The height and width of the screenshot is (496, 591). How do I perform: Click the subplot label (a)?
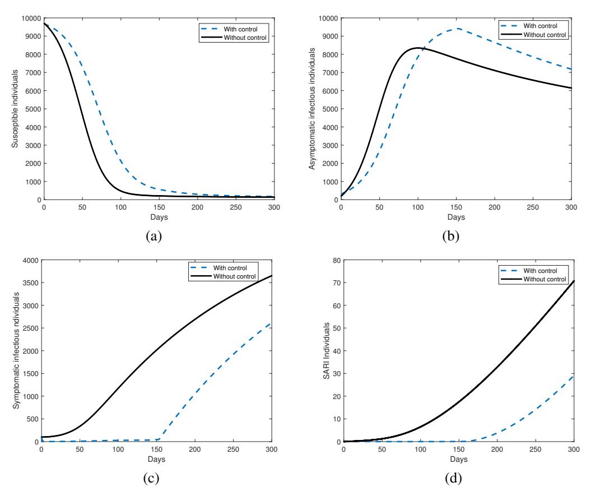click(x=154, y=237)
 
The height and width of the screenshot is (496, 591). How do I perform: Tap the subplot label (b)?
click(x=451, y=237)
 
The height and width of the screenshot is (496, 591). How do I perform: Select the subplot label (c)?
click(x=151, y=479)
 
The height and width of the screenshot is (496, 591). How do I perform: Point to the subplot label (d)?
click(x=453, y=479)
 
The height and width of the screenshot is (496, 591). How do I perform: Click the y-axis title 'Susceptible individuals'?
click(x=15, y=109)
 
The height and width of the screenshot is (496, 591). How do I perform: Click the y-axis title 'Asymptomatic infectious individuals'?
click(x=312, y=109)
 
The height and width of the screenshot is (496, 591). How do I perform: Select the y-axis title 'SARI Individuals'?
click(x=327, y=351)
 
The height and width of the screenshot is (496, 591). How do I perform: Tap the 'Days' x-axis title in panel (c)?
click(x=156, y=460)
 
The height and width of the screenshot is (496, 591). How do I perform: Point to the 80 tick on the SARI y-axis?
click(x=337, y=260)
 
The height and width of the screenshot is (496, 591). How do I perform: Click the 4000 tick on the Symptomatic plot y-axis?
click(x=30, y=260)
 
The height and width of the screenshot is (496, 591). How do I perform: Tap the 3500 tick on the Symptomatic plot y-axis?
click(x=30, y=283)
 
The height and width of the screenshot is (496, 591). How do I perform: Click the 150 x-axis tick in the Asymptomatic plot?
click(x=456, y=207)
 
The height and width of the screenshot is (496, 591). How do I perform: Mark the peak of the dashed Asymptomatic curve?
click(x=458, y=28)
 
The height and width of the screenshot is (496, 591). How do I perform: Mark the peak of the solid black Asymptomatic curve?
click(x=417, y=48)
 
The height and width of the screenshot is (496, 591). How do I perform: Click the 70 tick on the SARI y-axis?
click(x=337, y=283)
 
